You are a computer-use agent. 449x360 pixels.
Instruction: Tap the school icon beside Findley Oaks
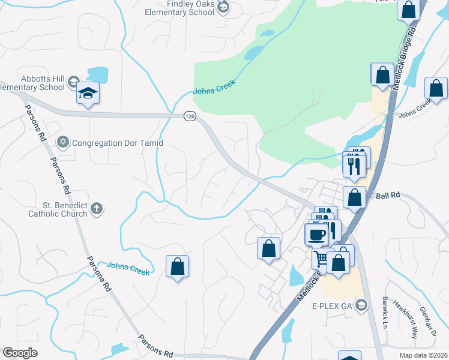coord(224,7)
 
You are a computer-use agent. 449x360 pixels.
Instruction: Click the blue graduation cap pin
coord(88,94)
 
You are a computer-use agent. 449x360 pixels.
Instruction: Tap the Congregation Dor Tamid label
coord(118,143)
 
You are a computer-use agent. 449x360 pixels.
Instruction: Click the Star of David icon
coord(62,143)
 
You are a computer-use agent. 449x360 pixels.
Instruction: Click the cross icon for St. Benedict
coord(97,209)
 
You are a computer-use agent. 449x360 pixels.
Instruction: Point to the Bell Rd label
coord(388,196)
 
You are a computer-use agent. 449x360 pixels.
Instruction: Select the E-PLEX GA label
coord(330,305)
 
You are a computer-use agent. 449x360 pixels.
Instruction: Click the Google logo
coord(20,353)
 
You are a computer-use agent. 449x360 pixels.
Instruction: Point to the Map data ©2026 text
coord(423,355)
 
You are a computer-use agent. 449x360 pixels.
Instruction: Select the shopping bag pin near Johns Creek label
coord(177,267)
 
